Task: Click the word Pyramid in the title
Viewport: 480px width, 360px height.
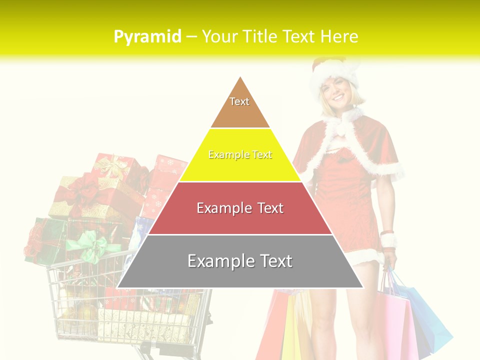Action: pyautogui.click(x=147, y=36)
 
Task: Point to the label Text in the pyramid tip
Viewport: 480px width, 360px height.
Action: pyautogui.click(x=239, y=101)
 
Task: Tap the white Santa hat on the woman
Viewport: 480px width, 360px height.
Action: pyautogui.click(x=334, y=73)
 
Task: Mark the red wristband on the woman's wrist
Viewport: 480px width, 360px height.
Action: pyautogui.click(x=387, y=232)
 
